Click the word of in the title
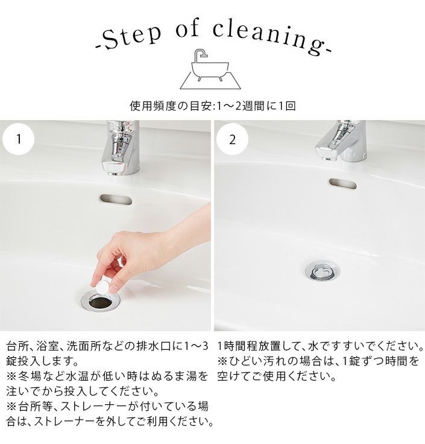[x=187, y=28]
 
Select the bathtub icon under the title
[x=210, y=69]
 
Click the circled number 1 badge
[x=19, y=139]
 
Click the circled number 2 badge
[x=232, y=139]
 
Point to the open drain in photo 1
[x=101, y=302]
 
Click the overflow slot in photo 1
[x=116, y=200]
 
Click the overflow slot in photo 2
[x=342, y=183]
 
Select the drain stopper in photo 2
[x=323, y=272]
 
